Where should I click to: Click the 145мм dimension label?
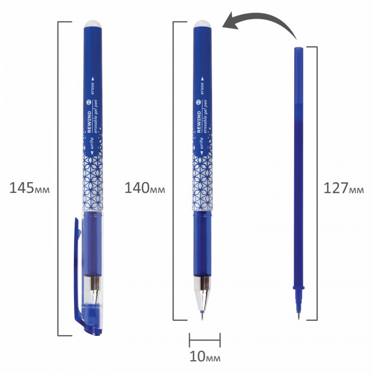[29, 188]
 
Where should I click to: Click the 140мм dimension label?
[144, 188]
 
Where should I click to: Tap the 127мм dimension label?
[344, 188]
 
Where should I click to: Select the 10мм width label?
[205, 356]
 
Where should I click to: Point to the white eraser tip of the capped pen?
[93, 24]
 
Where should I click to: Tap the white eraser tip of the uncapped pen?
[202, 24]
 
